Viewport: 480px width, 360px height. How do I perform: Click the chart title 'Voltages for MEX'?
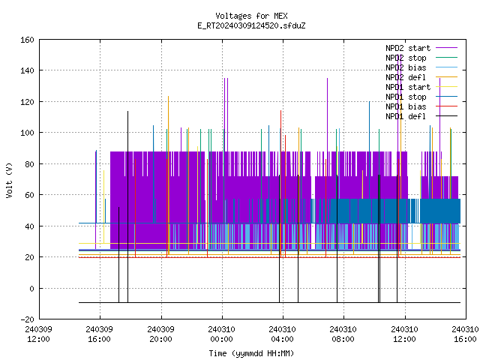(x=251, y=16)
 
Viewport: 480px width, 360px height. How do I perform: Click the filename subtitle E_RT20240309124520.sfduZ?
(x=251, y=25)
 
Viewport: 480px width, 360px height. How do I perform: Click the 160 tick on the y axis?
(x=27, y=40)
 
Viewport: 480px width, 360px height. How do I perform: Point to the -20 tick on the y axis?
(x=27, y=319)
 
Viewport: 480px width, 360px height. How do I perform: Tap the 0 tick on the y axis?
(x=31, y=288)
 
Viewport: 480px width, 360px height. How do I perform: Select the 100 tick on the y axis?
(x=27, y=133)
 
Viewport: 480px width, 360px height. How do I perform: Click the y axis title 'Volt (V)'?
(x=9, y=180)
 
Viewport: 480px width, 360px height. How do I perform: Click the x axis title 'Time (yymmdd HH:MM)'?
(x=251, y=353)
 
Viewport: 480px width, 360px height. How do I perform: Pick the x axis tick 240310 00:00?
(x=222, y=334)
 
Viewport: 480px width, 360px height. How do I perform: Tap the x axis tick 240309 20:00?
(x=160, y=334)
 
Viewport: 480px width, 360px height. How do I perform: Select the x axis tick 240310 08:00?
(x=343, y=334)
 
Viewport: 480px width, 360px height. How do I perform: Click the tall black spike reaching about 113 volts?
(x=128, y=207)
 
